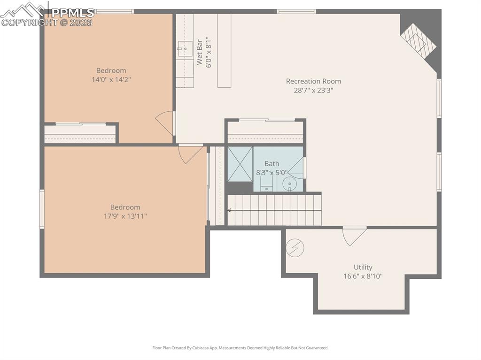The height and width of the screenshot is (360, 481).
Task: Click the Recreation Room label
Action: [313, 81]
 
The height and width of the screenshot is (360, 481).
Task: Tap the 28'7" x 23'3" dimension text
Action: [313, 91]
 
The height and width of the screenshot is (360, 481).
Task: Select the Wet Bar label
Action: [200, 52]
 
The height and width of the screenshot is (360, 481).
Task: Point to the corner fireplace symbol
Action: [418, 41]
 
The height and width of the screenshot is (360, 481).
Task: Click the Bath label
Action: [272, 164]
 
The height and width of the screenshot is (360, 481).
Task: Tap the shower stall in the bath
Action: [240, 164]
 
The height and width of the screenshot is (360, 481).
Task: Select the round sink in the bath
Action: [290, 184]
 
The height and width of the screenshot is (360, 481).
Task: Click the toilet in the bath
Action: [266, 183]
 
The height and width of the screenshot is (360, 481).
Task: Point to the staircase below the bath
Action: [274, 210]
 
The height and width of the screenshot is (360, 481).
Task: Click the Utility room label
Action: [363, 268]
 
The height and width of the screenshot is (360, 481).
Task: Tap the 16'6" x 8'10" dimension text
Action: [363, 276]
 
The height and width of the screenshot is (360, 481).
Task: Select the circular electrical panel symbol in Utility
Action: [295, 247]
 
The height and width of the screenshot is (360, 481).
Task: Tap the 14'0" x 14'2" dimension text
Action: [111, 80]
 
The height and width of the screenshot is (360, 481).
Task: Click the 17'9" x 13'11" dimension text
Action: [125, 216]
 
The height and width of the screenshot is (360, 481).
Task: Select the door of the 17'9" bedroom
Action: [190, 153]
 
